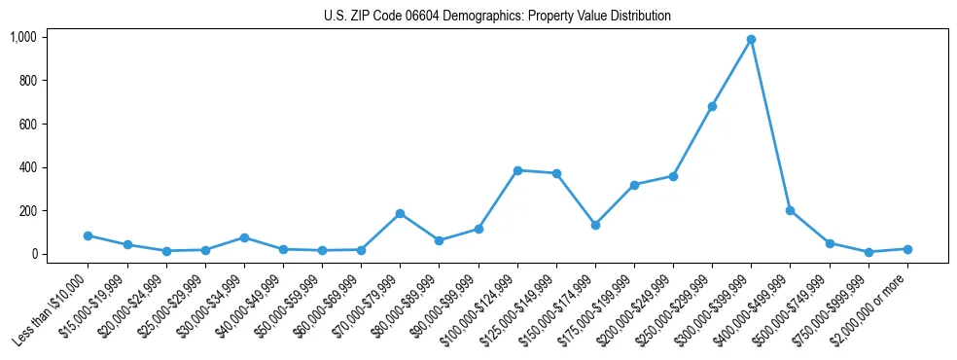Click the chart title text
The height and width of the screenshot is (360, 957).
click(497, 17)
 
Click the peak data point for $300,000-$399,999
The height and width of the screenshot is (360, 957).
click(751, 40)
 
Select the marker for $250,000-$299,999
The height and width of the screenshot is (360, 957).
click(712, 106)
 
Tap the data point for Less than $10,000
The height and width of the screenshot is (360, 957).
click(88, 235)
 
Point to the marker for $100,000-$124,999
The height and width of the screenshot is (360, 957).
click(517, 170)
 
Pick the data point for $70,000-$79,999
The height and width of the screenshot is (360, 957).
click(400, 213)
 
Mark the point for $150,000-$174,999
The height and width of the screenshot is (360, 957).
click(595, 225)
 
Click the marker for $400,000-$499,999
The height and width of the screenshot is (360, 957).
click(790, 210)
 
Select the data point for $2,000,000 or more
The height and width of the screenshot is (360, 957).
click(907, 249)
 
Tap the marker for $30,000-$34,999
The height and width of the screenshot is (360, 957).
click(244, 237)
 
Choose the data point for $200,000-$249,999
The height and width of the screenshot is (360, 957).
click(673, 176)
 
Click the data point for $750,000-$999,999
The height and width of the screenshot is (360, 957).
click(868, 252)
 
